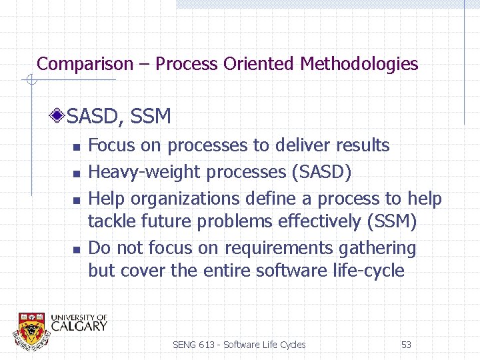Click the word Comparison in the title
coord(85,64)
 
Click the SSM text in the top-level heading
coord(151,117)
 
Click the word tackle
coord(111,221)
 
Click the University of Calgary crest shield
coord(32,329)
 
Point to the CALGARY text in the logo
coord(79,326)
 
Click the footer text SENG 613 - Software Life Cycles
coord(239,345)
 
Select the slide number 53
coord(406,345)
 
